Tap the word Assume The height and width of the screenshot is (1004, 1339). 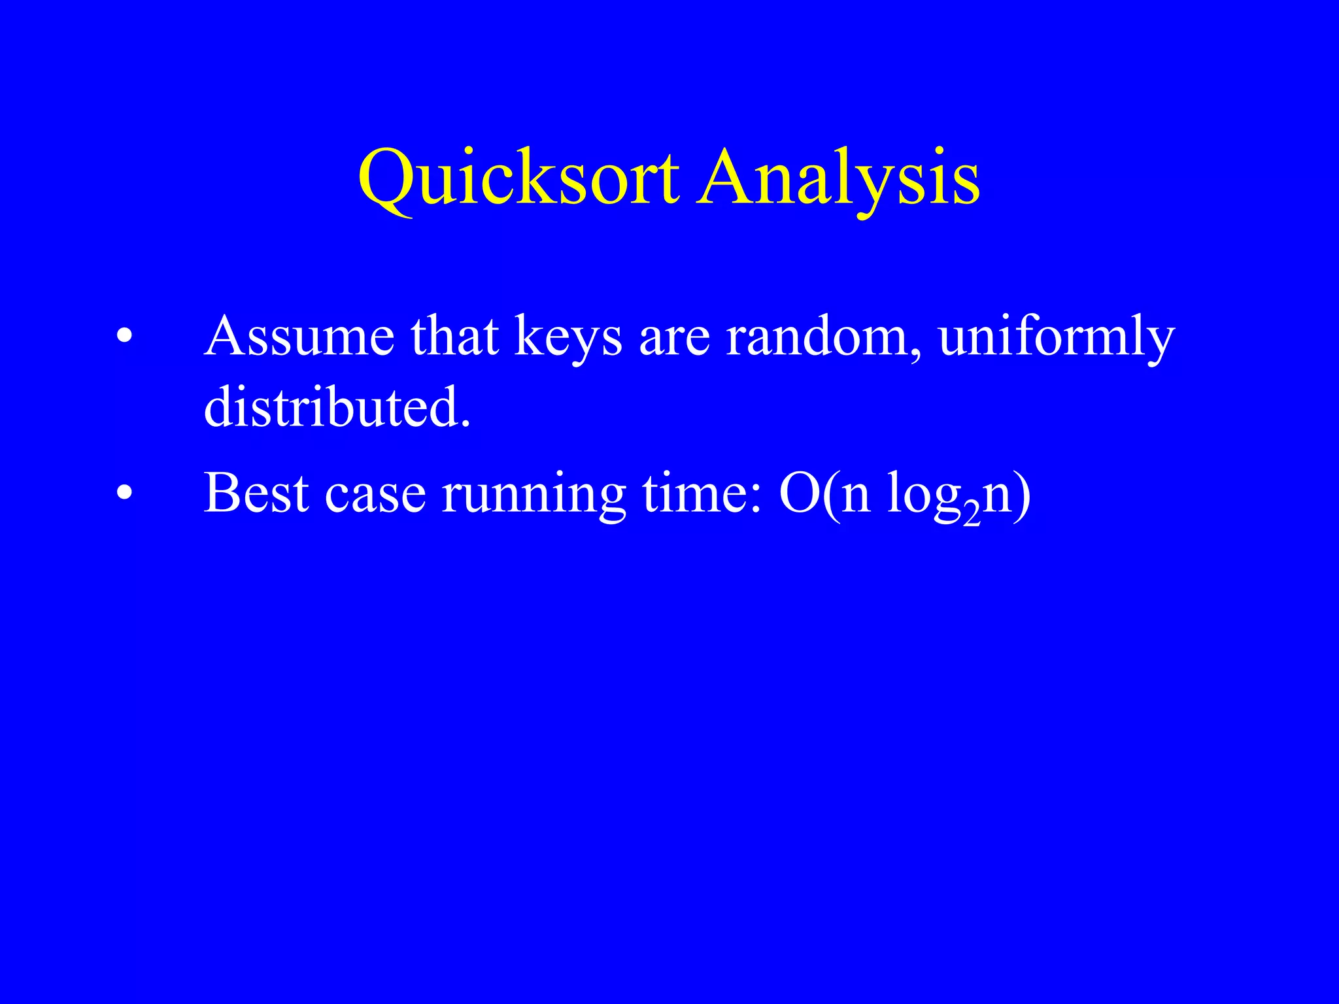299,337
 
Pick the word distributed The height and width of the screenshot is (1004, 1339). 337,407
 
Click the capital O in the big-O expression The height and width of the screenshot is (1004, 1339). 800,494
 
